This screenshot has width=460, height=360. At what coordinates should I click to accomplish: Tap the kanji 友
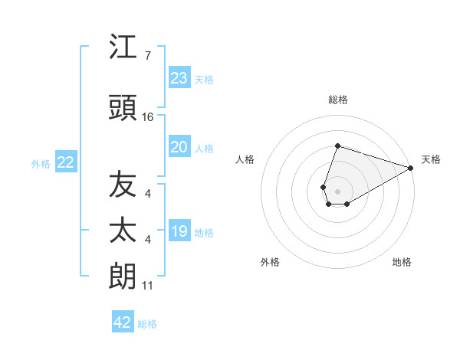click(x=123, y=184)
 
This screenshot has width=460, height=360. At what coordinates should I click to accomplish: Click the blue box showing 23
click(x=179, y=78)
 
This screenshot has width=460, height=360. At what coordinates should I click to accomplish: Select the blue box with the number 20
click(x=179, y=147)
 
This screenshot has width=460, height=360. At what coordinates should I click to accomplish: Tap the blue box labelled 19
click(x=179, y=232)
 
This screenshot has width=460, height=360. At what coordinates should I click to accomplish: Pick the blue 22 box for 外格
click(x=65, y=162)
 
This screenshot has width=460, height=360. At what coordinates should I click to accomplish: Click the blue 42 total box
click(x=123, y=322)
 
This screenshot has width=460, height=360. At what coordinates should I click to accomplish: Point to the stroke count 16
click(x=148, y=117)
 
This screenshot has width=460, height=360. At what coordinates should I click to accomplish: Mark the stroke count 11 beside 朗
click(x=148, y=286)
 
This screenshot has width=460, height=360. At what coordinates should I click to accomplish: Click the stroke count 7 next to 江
click(x=148, y=56)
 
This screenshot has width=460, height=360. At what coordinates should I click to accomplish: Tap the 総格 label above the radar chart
click(x=337, y=100)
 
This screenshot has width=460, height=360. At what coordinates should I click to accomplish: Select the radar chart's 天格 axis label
click(x=431, y=159)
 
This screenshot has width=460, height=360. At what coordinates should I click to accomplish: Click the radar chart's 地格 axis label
click(x=402, y=262)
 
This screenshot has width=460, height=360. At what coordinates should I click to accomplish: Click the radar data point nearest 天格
click(x=411, y=168)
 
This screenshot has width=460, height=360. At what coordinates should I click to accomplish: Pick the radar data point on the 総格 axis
click(x=337, y=146)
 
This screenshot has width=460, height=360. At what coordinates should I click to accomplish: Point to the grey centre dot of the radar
click(x=337, y=191)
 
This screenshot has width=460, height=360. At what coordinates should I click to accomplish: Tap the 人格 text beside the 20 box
click(x=204, y=148)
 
